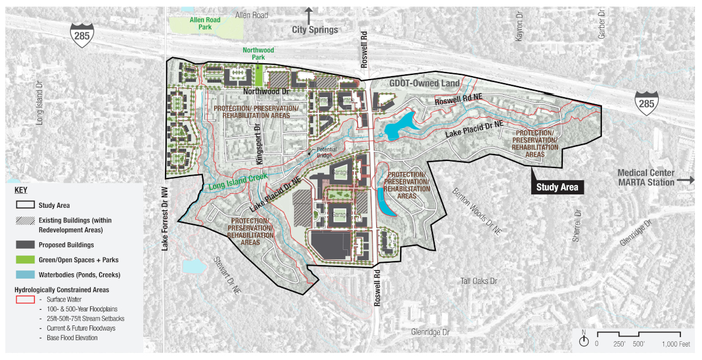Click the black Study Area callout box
coord(558,187)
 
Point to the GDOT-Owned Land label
coord(424,84)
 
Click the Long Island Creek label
coord(238,181)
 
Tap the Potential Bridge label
coord(326,152)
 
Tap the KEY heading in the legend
coord(20,190)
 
